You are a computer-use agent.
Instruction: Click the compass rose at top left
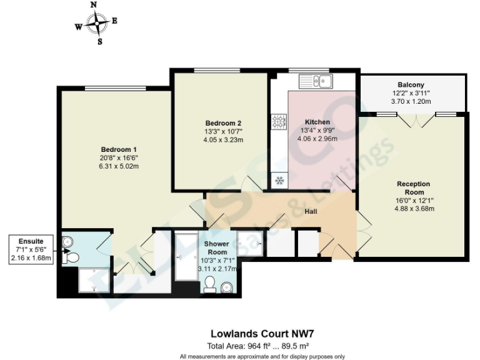[96, 24]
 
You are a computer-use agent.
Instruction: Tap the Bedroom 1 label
[119, 149]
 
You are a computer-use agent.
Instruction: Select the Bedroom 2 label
[222, 123]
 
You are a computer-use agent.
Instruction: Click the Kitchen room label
[317, 122]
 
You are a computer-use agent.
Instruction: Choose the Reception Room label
[413, 188]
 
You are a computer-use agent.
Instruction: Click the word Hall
[311, 212]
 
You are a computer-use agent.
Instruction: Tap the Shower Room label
[214, 247]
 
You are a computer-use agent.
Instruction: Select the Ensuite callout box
[31, 249]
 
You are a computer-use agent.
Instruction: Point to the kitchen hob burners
[278, 121]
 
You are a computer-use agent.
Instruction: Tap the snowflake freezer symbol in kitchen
[279, 181]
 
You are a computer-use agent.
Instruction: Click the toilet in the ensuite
[72, 257]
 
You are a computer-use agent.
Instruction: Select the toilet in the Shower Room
[211, 284]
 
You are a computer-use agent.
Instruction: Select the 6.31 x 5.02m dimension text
[119, 166]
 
